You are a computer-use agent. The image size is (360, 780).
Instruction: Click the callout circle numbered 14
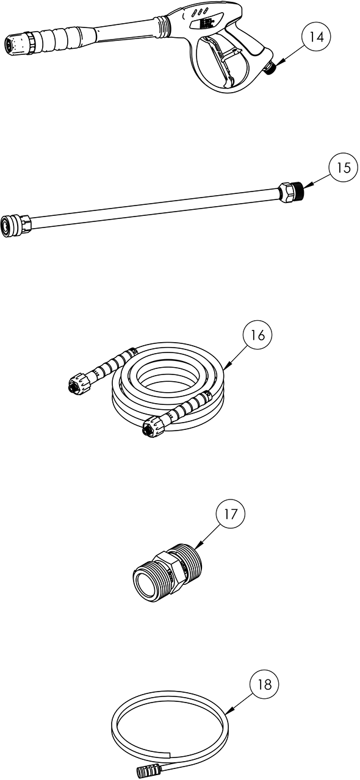coord(316,37)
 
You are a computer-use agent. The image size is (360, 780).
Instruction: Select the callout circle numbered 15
coord(344,168)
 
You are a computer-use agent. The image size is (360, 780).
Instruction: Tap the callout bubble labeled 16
coord(257,335)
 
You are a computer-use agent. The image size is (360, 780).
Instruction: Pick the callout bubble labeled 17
coord(231,514)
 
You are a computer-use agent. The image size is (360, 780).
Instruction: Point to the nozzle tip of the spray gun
coord(13,46)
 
